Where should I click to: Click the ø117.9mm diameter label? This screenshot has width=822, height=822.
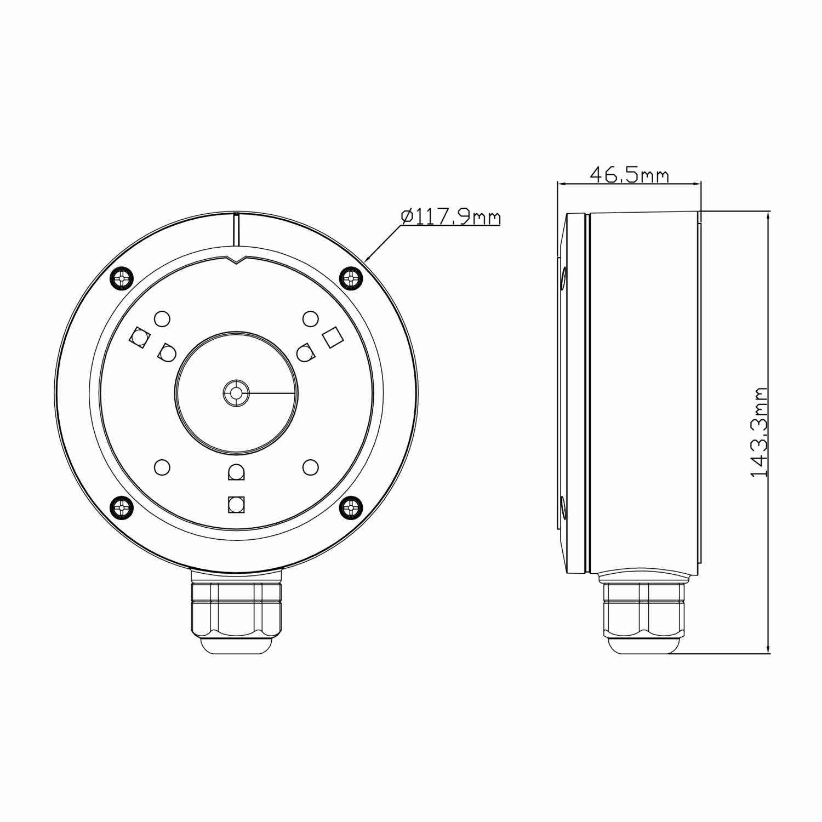coord(450,217)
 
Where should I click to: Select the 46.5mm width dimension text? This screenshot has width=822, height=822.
coord(629,175)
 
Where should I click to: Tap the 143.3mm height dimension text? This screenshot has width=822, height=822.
coord(758,432)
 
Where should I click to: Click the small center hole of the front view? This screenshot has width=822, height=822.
coord(236,393)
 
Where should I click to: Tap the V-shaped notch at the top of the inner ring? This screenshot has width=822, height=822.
coord(237,260)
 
